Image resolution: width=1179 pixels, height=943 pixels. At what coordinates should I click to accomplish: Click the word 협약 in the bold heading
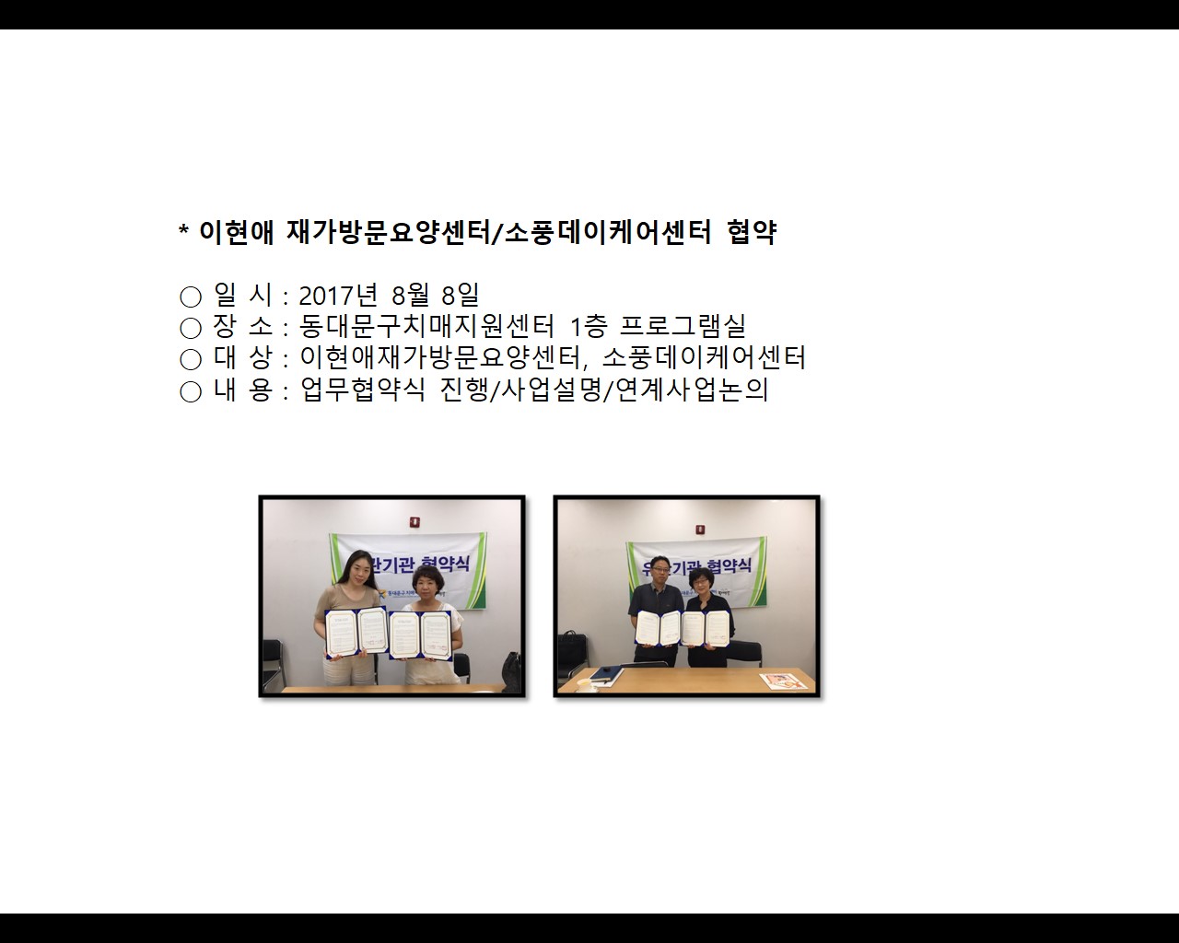point(751,232)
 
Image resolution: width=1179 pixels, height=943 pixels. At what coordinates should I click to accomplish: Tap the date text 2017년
point(338,296)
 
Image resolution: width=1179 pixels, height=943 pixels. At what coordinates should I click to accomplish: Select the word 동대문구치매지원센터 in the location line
point(427,326)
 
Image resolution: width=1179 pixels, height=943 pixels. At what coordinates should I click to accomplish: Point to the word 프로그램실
point(683,326)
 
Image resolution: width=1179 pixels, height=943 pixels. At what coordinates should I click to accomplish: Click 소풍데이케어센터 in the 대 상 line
point(704,357)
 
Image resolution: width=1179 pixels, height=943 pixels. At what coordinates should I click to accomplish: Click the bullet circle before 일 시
point(191,297)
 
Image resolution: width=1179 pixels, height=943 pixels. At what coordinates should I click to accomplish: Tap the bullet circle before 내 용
point(191,391)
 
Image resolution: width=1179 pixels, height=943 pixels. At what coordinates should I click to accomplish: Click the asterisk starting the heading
point(183,231)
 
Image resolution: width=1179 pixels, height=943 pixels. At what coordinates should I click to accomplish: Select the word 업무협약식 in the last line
point(363,390)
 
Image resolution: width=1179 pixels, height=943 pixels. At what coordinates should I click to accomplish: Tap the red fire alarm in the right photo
point(700,530)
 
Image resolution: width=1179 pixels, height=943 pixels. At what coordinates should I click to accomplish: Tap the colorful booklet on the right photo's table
point(777,681)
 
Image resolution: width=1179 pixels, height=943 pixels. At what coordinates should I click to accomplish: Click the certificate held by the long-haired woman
point(356,631)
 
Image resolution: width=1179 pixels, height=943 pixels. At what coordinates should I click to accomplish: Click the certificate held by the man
point(660,627)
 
